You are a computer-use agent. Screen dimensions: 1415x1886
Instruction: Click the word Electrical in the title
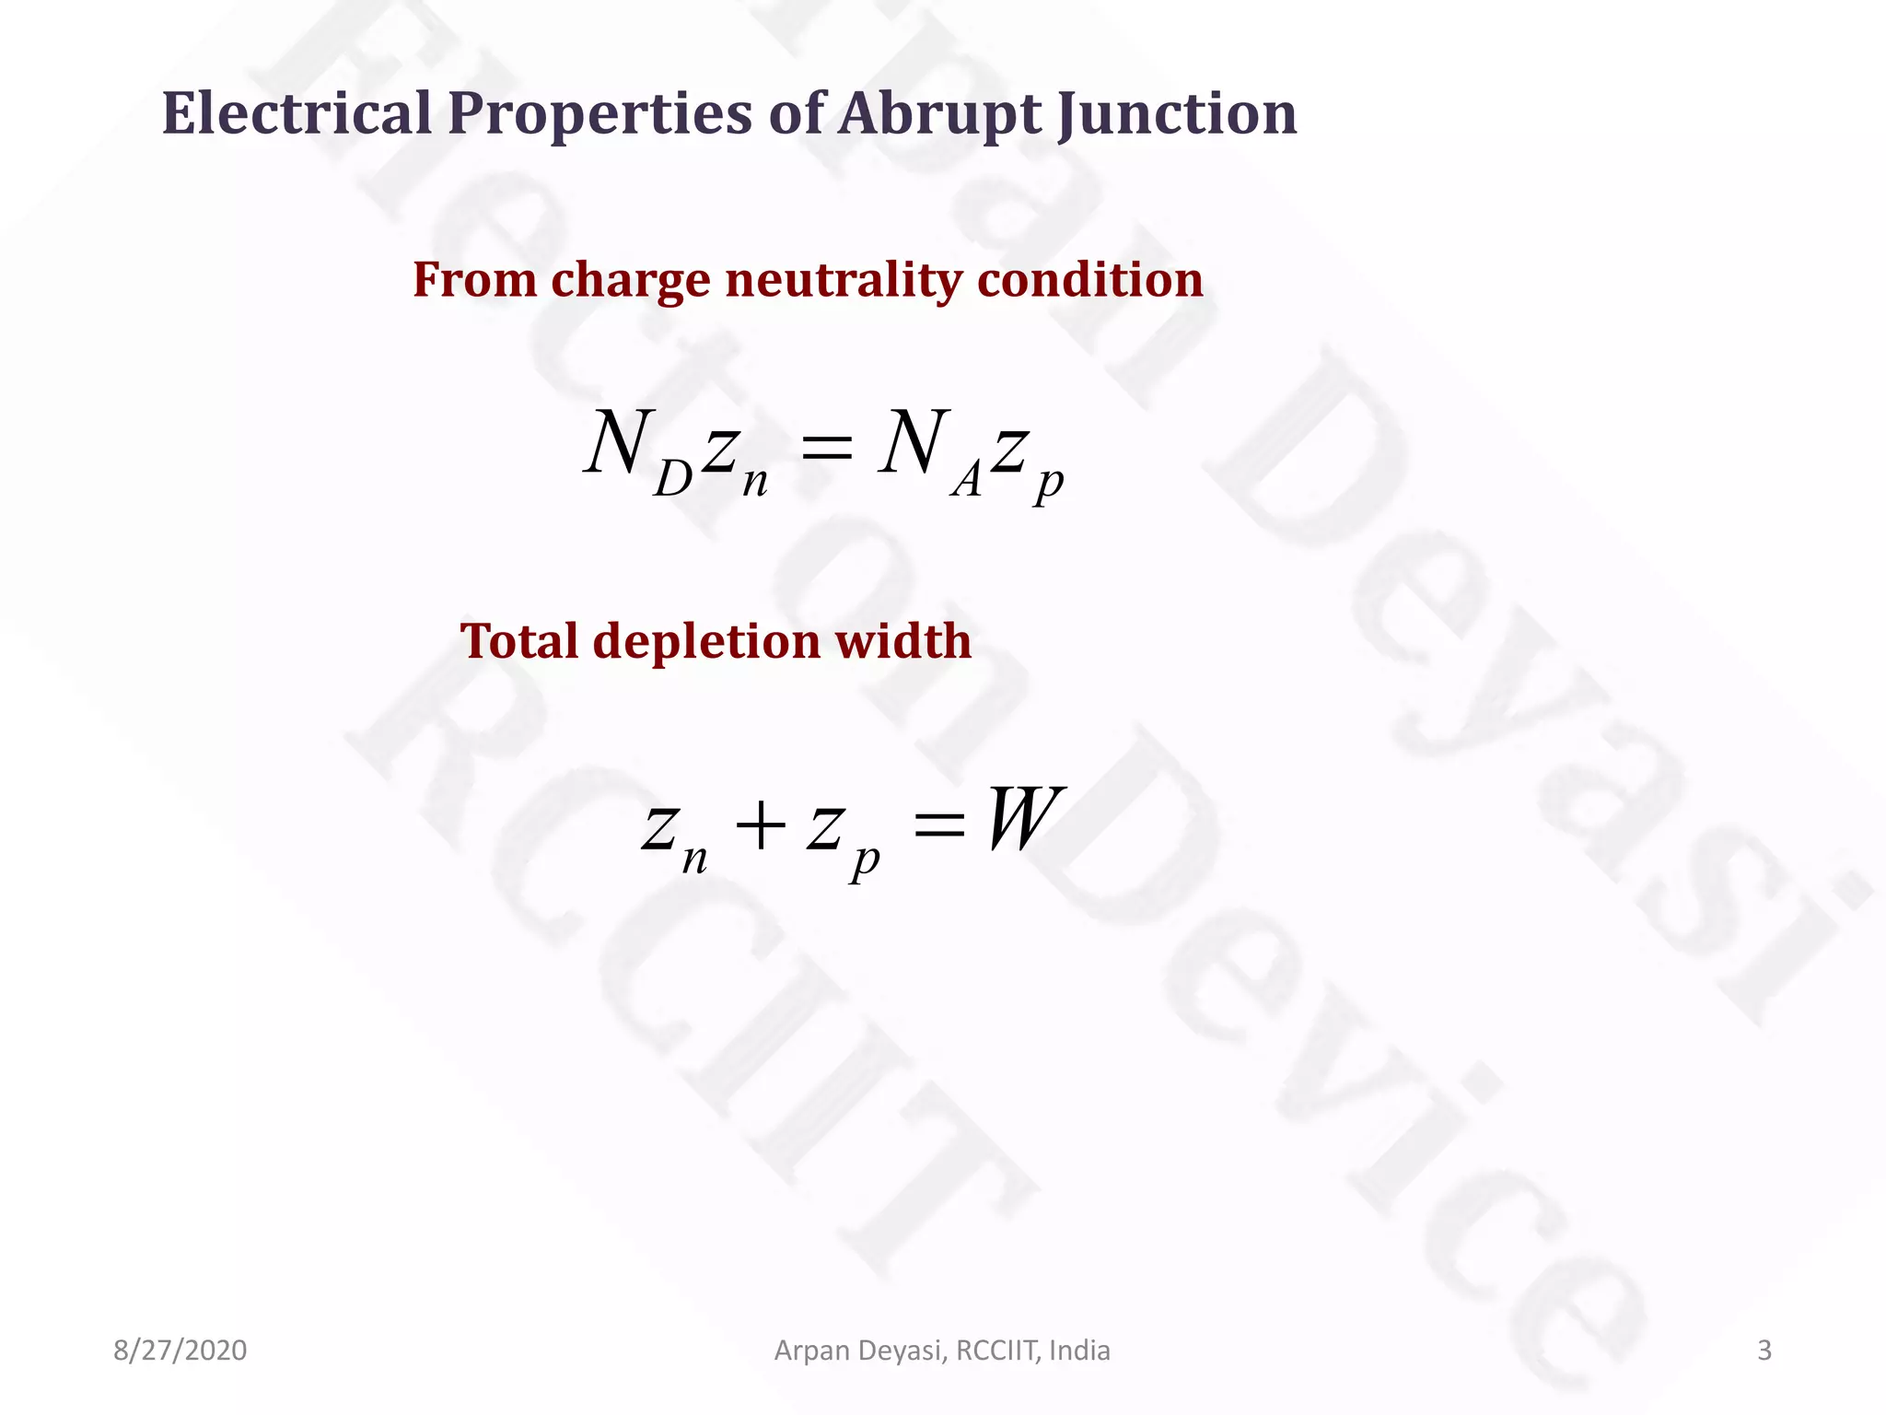(297, 113)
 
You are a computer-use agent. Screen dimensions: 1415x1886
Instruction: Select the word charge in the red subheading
(631, 282)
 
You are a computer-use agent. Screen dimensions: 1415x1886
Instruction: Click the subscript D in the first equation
(672, 479)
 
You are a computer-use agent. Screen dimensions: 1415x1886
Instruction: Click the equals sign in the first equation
(827, 449)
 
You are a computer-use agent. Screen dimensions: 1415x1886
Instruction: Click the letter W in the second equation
(1025, 818)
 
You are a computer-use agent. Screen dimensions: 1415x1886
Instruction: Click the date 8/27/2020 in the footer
(180, 1351)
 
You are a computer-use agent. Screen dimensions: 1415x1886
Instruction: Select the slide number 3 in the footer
(1764, 1351)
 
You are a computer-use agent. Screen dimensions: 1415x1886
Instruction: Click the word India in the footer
(1079, 1351)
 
